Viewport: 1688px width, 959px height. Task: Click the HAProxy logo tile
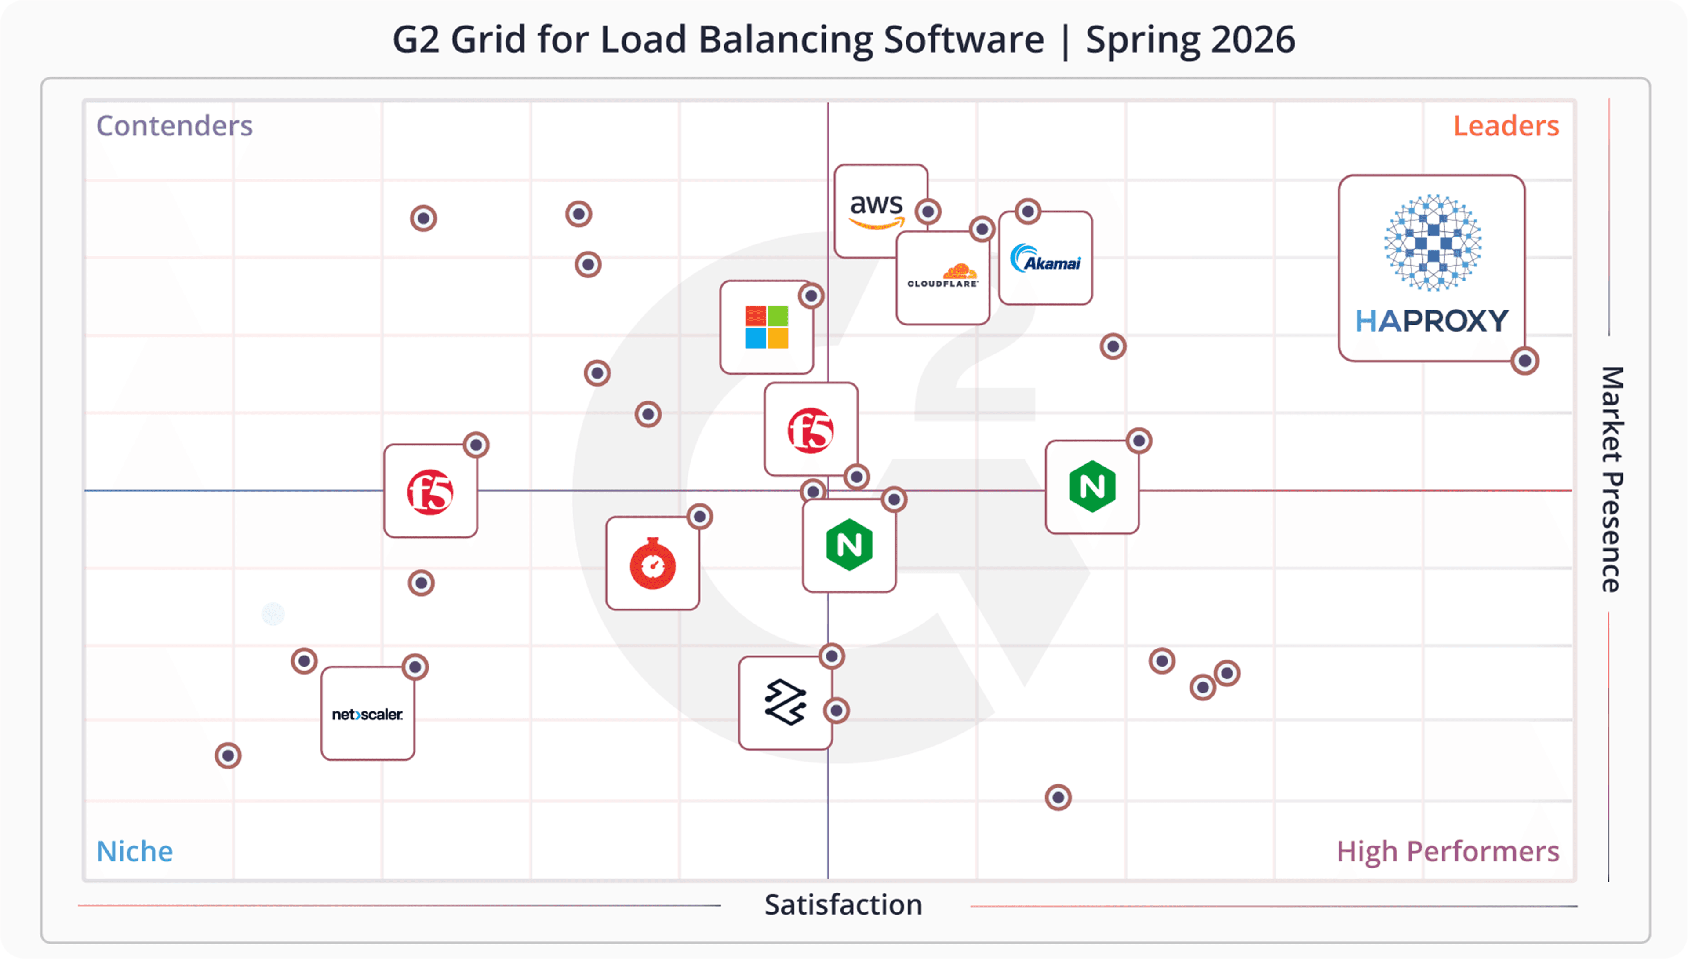click(1431, 267)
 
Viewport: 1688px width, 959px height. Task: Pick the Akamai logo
click(1045, 258)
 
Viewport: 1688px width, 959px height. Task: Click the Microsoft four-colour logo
click(766, 327)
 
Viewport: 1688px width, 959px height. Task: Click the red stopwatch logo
click(652, 564)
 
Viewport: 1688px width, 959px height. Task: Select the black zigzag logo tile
click(785, 703)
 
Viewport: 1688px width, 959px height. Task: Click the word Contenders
click(175, 126)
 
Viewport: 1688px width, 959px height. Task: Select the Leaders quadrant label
click(1506, 126)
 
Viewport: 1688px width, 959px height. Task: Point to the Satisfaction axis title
click(843, 905)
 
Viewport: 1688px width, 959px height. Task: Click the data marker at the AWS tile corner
click(928, 211)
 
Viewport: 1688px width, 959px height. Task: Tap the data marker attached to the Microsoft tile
click(811, 296)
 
